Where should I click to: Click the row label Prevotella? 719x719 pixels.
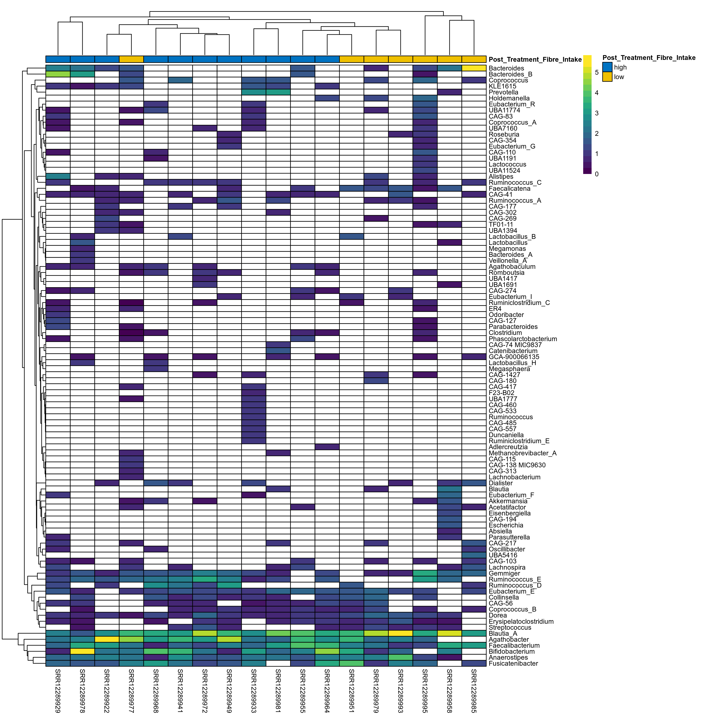coord(503,92)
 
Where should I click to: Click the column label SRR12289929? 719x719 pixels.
coord(58,691)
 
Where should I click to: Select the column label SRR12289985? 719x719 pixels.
coord(474,691)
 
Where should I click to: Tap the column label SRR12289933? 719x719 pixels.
coord(253,691)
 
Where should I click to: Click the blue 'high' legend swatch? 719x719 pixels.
coord(607,67)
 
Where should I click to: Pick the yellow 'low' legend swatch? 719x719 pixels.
coord(607,77)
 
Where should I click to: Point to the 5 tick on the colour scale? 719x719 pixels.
coord(597,72)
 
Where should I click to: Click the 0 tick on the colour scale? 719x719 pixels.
coord(597,174)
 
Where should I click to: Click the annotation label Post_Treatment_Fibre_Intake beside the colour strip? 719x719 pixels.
coord(535,60)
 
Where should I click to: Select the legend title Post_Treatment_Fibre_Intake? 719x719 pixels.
coord(649,58)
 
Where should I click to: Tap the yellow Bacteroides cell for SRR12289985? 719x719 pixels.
coord(474,68)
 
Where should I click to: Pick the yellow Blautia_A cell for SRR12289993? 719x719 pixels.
coord(400,633)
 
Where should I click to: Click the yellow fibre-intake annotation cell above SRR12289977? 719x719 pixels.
coord(131,59)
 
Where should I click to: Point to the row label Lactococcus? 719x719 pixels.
coord(507,165)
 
